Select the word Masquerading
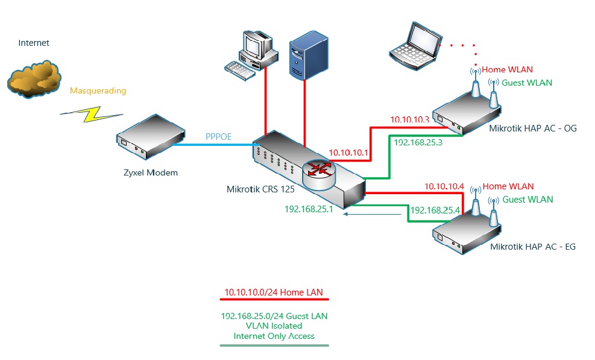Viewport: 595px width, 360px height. (98, 91)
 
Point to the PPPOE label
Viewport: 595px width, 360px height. (218, 137)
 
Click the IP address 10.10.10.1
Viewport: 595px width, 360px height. (348, 153)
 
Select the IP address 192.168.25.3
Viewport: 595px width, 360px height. (418, 143)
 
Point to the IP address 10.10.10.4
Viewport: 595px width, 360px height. (444, 187)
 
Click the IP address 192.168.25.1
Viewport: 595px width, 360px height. (309, 209)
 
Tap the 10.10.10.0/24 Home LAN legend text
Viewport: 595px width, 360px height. (274, 292)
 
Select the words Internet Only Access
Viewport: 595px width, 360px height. (274, 336)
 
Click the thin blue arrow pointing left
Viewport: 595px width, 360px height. (374, 213)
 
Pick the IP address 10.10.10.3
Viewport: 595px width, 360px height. (409, 120)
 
